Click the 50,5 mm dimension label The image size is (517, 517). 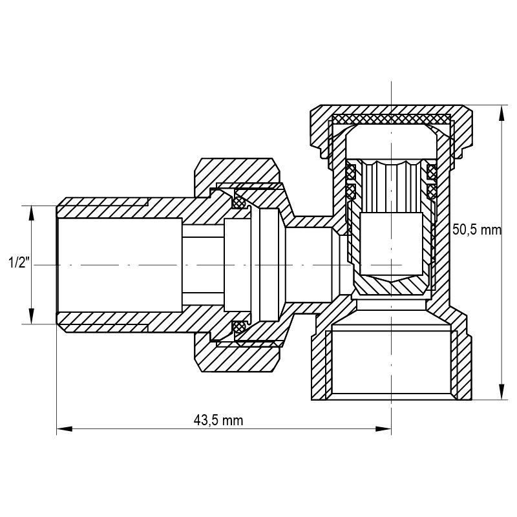click(x=476, y=229)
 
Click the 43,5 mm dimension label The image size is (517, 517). click(x=218, y=421)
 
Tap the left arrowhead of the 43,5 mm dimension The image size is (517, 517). click(x=64, y=429)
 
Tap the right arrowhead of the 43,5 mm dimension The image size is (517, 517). click(x=383, y=429)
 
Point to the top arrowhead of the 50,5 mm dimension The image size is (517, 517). click(x=502, y=114)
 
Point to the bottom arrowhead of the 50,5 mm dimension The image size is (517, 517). click(x=502, y=392)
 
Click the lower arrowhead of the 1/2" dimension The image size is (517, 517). click(x=32, y=316)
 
